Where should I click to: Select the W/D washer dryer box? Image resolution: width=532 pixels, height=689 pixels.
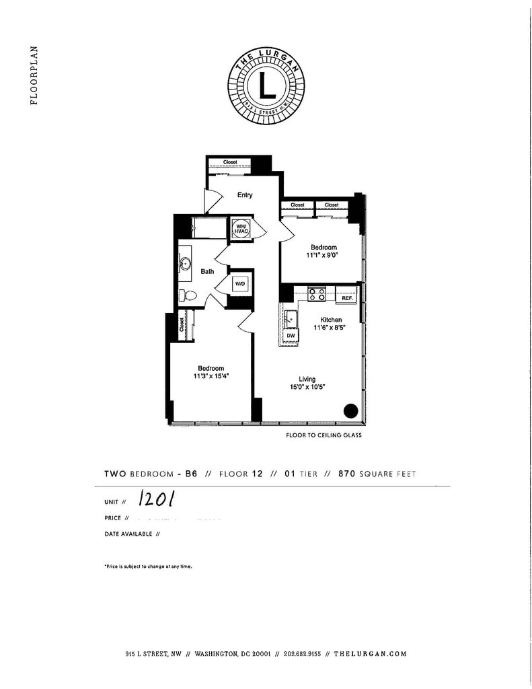click(240, 284)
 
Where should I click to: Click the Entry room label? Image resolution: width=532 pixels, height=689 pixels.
click(245, 195)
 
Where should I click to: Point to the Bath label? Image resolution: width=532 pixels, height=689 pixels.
click(208, 272)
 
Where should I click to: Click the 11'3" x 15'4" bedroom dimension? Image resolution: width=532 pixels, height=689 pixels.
click(211, 377)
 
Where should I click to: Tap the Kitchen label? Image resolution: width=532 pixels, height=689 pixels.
click(331, 320)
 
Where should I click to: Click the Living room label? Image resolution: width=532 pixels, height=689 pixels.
click(307, 379)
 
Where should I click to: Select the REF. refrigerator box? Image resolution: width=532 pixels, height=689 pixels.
click(347, 296)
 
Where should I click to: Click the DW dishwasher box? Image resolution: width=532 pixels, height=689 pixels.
click(291, 334)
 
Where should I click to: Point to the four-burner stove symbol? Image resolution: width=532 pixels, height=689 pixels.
click(317, 293)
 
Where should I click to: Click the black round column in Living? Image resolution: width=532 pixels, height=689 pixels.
click(350, 410)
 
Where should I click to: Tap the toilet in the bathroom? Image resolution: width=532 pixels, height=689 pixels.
click(188, 295)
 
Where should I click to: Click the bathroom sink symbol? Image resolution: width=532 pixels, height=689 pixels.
click(185, 264)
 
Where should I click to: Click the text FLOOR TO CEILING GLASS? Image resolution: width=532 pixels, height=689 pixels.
click(324, 435)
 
